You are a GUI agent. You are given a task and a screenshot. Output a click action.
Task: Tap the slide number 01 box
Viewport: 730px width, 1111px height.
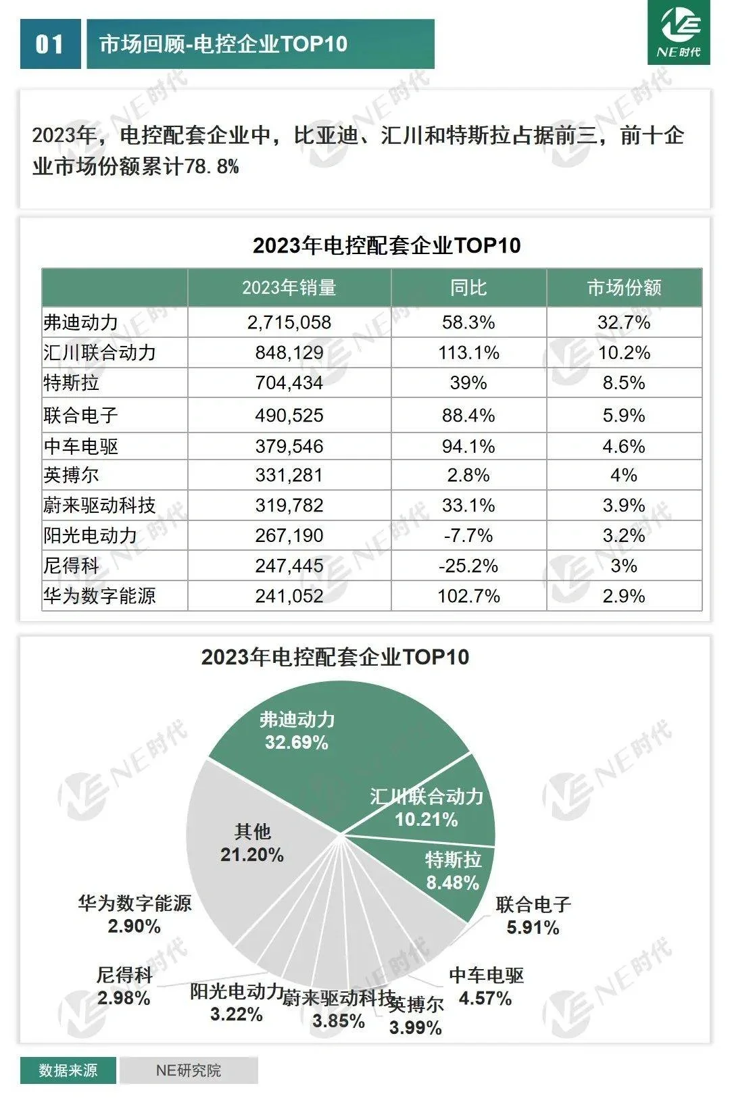click(50, 45)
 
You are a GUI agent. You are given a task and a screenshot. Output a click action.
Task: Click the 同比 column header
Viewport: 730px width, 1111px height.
click(468, 288)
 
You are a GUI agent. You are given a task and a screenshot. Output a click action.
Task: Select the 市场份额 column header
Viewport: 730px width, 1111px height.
click(624, 288)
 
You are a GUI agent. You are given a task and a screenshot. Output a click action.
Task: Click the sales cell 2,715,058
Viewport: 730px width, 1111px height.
click(289, 322)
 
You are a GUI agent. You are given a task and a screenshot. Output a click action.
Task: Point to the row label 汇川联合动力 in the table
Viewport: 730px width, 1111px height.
click(99, 353)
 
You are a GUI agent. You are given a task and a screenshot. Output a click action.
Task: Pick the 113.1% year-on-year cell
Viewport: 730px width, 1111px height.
click(468, 353)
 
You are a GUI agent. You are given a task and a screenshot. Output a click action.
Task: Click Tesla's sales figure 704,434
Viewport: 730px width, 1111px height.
click(289, 383)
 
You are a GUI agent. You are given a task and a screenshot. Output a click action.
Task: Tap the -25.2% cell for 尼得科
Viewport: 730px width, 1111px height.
click(468, 566)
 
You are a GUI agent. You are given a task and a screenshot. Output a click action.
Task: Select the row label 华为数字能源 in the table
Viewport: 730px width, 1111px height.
click(99, 596)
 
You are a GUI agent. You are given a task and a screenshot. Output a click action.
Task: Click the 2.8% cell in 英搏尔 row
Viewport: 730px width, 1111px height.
click(468, 475)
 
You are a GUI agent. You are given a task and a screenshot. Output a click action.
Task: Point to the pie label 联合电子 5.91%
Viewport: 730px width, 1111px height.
click(533, 916)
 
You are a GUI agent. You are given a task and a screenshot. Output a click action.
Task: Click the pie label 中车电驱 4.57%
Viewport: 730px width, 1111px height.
click(486, 987)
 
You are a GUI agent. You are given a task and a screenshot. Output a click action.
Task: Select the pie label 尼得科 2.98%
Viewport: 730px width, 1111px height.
click(124, 986)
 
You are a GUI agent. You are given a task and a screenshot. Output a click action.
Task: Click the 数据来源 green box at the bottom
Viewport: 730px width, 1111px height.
click(68, 1070)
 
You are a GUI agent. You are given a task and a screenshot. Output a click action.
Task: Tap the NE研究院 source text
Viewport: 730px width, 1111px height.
click(189, 1070)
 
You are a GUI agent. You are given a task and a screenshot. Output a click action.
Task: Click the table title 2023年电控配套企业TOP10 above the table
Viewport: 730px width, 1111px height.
click(387, 245)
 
